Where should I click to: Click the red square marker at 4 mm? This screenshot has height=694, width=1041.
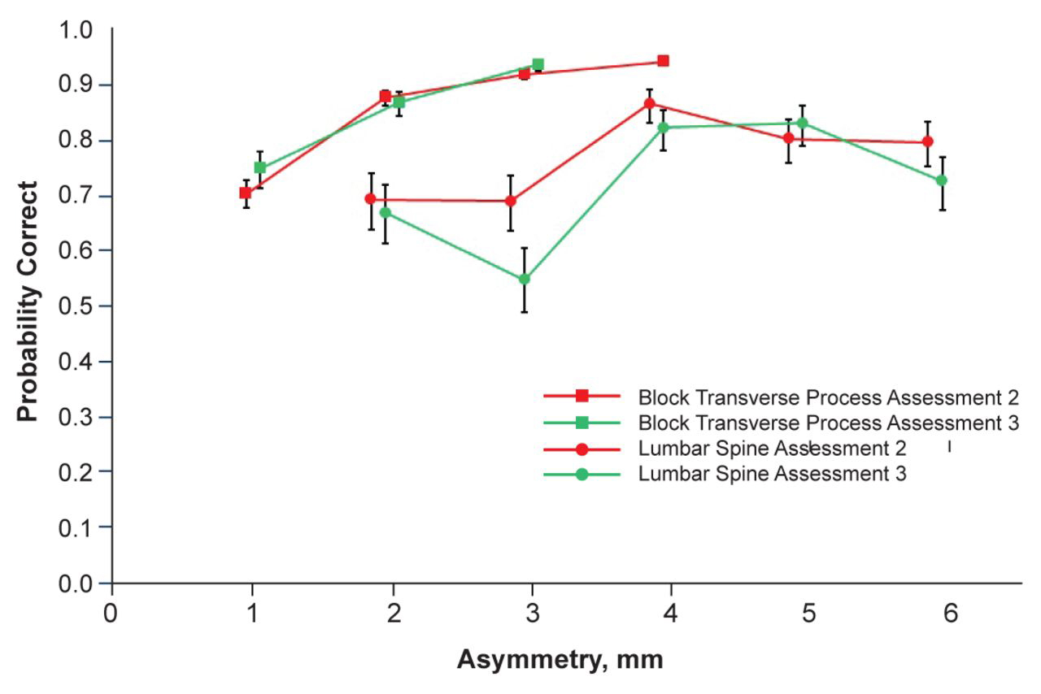(x=663, y=61)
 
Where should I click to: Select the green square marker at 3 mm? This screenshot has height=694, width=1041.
(x=538, y=64)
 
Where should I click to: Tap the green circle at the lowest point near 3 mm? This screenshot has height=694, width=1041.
(x=525, y=279)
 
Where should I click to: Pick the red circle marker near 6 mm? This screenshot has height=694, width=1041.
(x=927, y=142)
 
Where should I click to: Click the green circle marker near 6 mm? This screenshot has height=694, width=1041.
(x=942, y=180)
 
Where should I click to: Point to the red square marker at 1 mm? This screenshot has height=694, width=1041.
(x=245, y=193)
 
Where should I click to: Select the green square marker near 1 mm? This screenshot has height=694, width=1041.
(x=259, y=167)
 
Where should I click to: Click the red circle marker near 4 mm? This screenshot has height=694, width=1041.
(x=649, y=103)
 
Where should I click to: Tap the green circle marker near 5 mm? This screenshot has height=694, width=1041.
(x=802, y=124)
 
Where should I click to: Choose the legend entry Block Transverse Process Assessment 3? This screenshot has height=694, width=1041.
(x=828, y=423)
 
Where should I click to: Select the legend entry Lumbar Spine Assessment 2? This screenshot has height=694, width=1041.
(x=772, y=448)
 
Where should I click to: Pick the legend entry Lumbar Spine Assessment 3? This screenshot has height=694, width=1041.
(x=772, y=473)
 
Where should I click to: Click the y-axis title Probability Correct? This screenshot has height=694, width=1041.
(x=28, y=301)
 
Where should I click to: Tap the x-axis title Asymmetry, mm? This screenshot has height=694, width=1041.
(x=560, y=659)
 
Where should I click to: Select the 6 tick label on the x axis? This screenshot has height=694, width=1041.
(x=950, y=611)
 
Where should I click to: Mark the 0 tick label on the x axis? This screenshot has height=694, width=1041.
(x=111, y=611)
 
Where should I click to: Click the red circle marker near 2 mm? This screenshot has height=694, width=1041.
(x=371, y=198)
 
